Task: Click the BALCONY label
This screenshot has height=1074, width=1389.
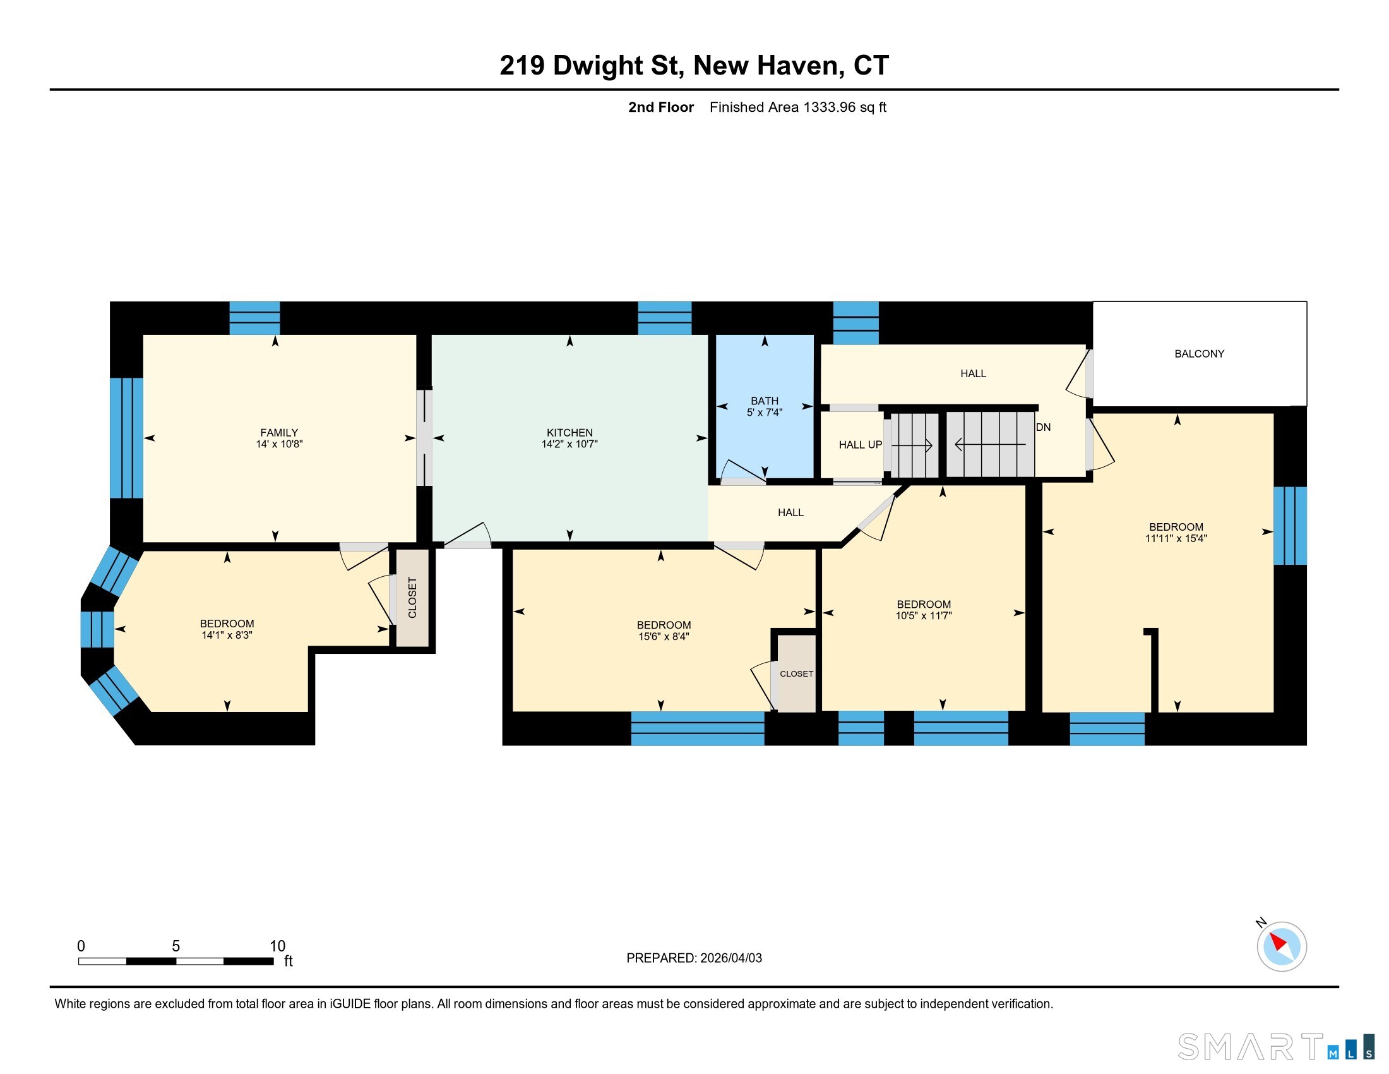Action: click(1199, 354)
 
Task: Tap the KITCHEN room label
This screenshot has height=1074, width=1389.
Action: click(569, 433)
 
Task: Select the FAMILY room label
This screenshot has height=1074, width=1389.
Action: click(278, 433)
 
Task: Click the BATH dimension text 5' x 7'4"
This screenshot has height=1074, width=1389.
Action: click(765, 413)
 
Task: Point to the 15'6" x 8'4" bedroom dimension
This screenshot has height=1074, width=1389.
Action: click(664, 636)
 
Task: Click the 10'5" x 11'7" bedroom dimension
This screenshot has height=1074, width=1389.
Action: click(924, 615)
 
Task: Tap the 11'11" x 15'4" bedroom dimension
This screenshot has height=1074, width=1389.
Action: click(1176, 538)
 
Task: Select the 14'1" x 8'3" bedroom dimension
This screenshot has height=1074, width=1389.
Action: click(227, 635)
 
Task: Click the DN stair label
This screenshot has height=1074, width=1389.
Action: click(1043, 428)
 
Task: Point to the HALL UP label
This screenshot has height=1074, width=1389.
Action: click(860, 445)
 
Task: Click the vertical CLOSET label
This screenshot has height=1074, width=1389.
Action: click(412, 598)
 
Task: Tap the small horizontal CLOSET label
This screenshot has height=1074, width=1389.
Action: click(796, 674)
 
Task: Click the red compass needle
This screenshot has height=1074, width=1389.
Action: click(1278, 943)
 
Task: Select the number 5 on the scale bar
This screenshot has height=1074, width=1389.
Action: click(176, 946)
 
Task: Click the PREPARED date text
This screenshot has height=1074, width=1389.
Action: click(694, 958)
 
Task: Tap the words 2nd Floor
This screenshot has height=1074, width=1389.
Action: click(661, 107)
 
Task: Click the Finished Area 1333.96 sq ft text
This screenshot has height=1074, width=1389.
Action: click(797, 107)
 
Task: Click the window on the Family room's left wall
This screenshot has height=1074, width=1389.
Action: click(126, 438)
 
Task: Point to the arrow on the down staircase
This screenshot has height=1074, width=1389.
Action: click(990, 444)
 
